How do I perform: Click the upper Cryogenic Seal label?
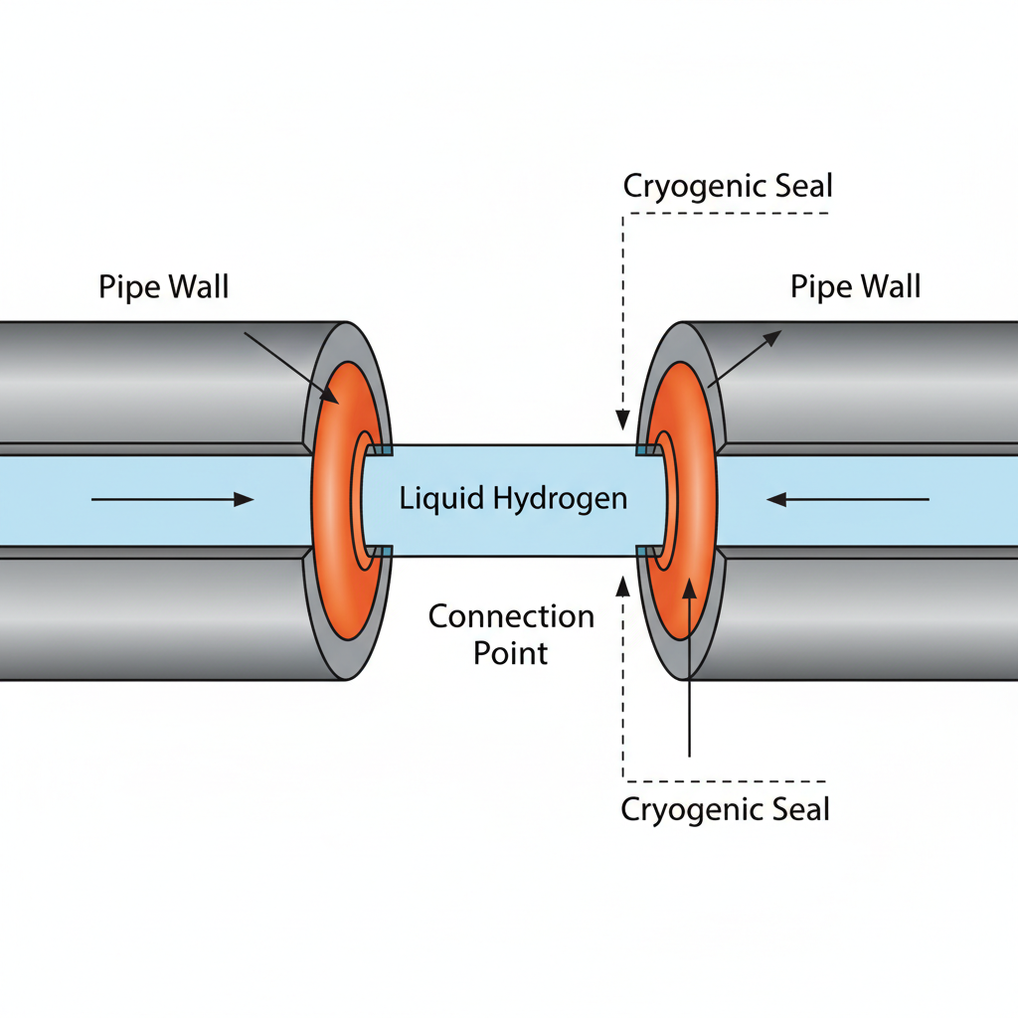[728, 186]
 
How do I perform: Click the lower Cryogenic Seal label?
[725, 809]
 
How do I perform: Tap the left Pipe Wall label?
[164, 287]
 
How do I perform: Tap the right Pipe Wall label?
[855, 287]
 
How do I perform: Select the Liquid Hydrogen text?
[513, 498]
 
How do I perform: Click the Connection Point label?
[511, 634]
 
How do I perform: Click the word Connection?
[511, 616]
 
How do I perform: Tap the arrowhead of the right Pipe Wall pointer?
[772, 339]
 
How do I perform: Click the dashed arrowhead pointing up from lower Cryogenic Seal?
[623, 584]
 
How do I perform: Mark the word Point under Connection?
[511, 653]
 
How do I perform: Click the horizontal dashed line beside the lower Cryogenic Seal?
[725, 780]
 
